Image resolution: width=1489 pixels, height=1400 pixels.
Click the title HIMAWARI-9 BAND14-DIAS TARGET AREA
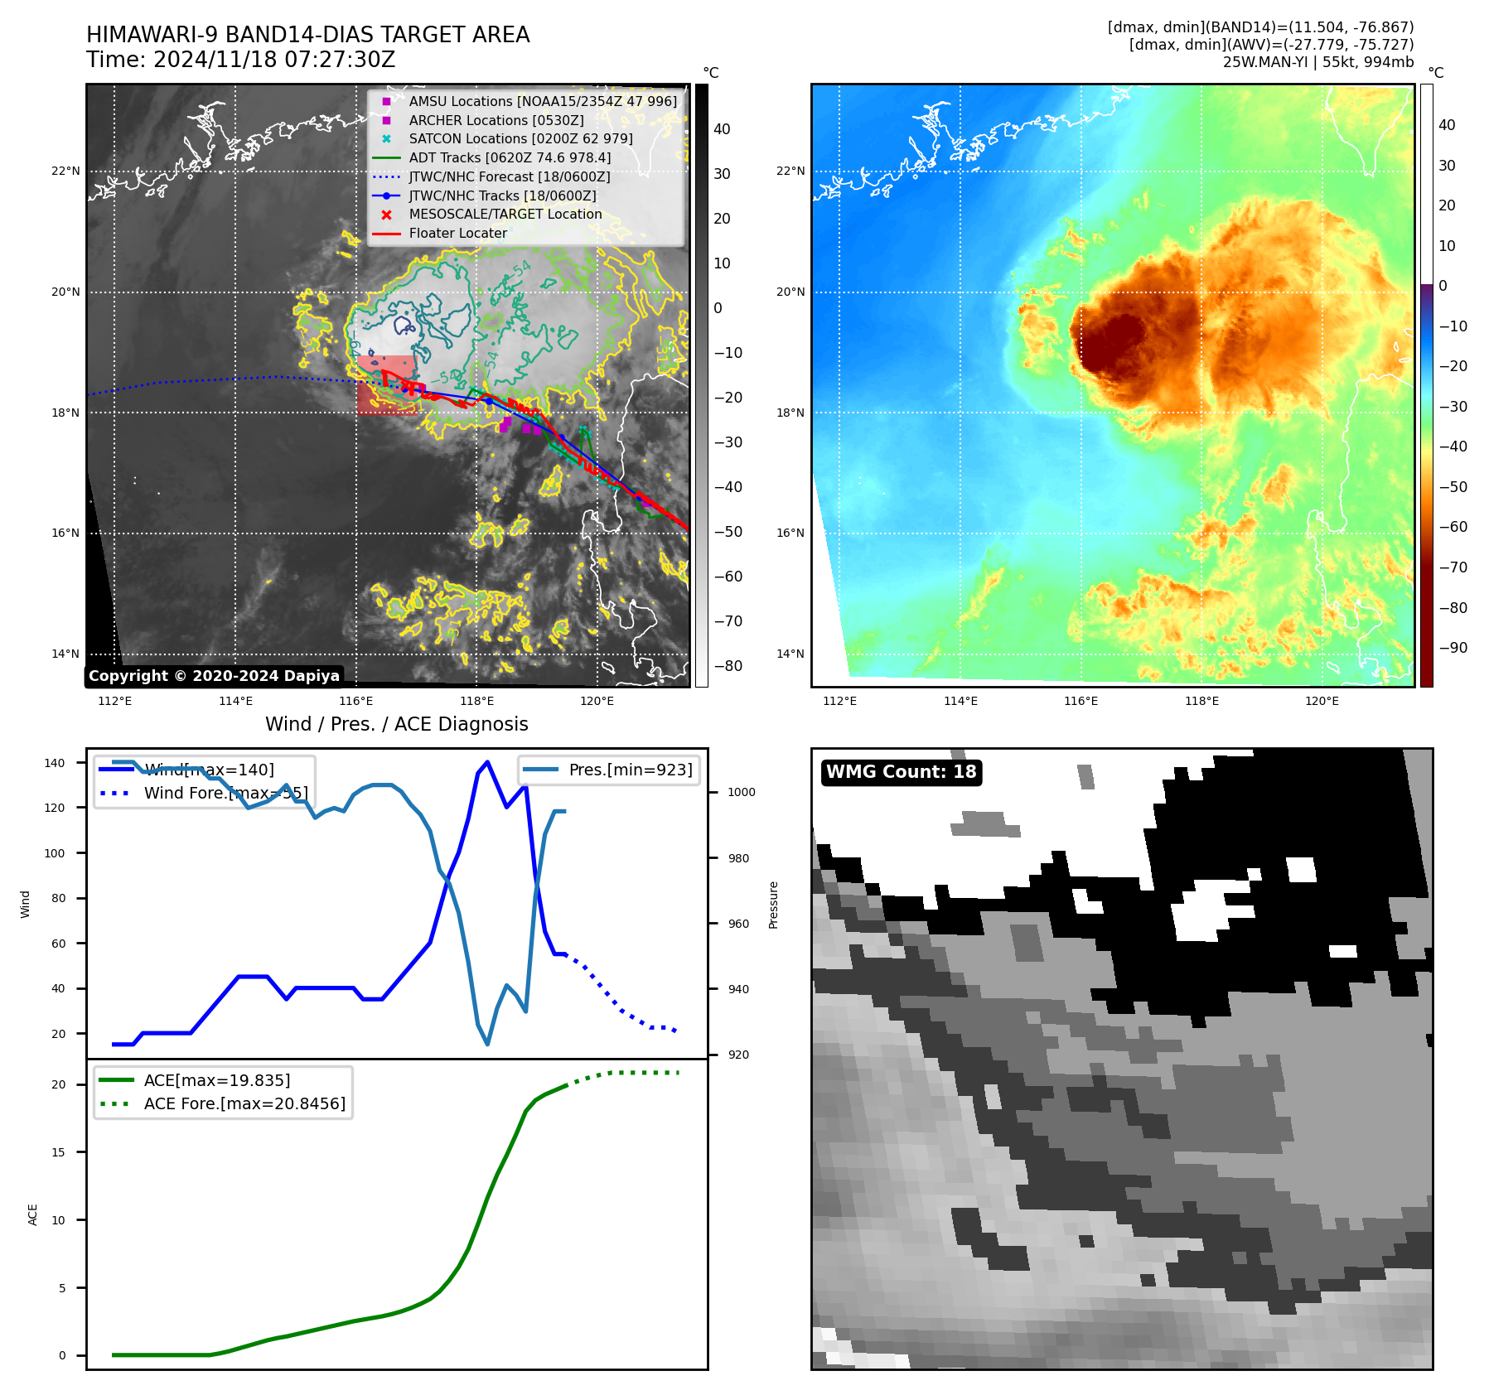point(307,35)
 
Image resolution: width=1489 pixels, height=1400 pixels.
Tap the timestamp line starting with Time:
point(240,60)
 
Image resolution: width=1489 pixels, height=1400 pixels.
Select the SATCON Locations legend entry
point(520,138)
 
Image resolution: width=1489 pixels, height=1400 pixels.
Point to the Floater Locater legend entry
point(457,233)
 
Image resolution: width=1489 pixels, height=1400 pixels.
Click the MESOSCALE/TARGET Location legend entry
point(505,214)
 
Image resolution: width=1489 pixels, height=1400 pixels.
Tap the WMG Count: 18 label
point(901,772)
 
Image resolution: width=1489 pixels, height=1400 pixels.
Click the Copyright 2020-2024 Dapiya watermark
point(214,676)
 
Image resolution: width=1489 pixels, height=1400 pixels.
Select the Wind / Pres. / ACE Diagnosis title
point(396,724)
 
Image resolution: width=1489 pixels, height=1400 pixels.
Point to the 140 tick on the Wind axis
point(55,763)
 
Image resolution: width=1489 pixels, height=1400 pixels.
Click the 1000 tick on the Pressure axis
point(741,792)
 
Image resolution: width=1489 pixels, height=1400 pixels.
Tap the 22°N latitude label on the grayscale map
point(66,171)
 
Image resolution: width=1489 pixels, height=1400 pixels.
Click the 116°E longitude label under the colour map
point(1080,701)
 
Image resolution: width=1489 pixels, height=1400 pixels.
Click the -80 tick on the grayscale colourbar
point(728,666)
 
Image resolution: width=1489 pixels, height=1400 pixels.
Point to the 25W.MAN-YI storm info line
point(1317,62)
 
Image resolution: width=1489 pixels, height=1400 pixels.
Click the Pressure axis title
point(773,905)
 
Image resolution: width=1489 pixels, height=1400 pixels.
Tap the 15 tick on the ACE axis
point(58,1152)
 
